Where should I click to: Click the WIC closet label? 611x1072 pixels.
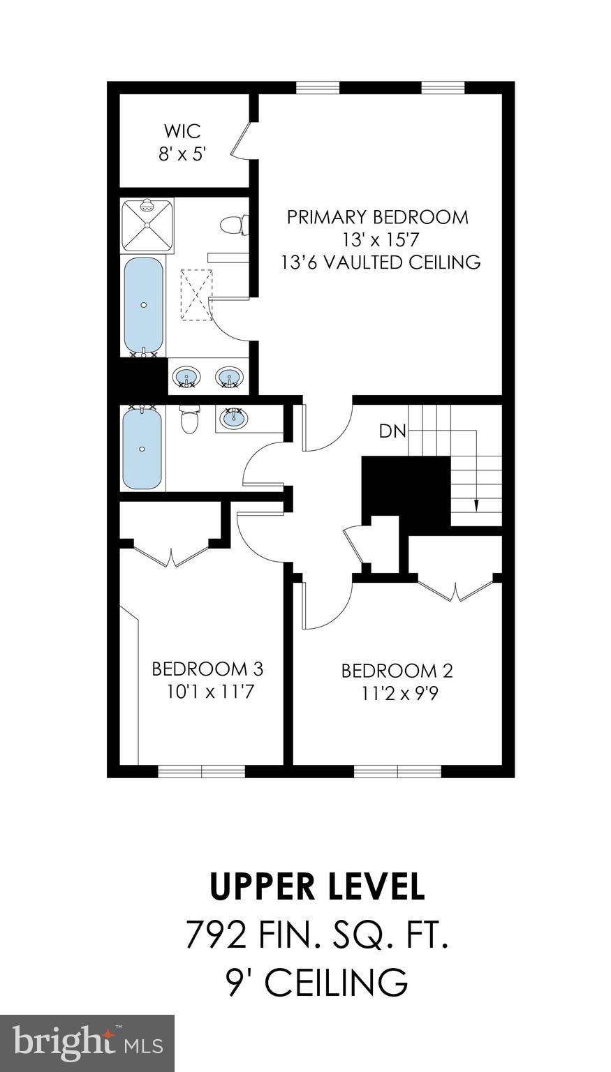[182, 131]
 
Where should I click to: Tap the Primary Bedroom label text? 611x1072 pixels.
[378, 217]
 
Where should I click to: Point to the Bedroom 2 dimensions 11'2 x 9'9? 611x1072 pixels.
[397, 694]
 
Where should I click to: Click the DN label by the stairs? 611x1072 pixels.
[392, 431]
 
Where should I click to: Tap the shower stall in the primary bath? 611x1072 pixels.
[147, 225]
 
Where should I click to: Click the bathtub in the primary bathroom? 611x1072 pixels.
[144, 305]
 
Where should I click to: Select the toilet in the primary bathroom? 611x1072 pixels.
[231, 225]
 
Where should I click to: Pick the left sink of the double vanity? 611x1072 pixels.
[186, 378]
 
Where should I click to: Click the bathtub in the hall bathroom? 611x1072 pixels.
[142, 449]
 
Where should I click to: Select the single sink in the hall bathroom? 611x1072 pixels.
[233, 419]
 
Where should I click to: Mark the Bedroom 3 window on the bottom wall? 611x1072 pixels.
[201, 771]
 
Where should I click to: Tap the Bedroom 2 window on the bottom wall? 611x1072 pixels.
[397, 771]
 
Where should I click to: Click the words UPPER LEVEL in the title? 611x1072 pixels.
[317, 886]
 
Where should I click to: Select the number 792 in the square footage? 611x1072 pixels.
[216, 935]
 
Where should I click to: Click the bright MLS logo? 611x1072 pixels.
[87, 1043]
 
